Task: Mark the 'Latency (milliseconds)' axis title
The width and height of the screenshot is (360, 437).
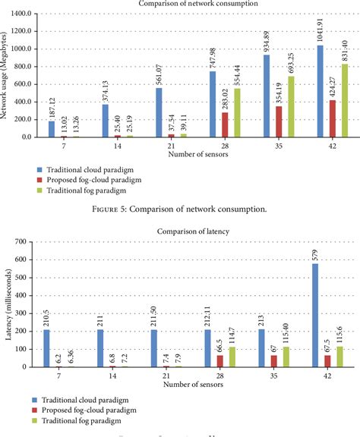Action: (10, 303)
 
